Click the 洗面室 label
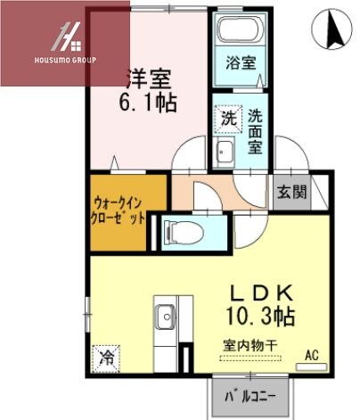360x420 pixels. pos(254,132)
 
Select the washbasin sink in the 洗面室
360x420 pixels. pos(225,152)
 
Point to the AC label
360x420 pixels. pos(312,354)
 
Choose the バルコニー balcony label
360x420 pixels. pos(250,393)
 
